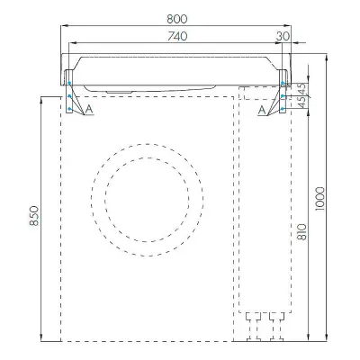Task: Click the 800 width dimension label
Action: (177, 19)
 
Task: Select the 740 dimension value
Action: (177, 36)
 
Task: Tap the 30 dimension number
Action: (283, 36)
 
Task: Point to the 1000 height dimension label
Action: (320, 199)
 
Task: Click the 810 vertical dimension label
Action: (302, 231)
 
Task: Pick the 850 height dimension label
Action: (34, 216)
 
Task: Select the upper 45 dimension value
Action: (302, 89)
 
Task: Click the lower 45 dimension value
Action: (302, 102)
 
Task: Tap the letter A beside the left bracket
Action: (89, 110)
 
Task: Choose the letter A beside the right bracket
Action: (262, 110)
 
